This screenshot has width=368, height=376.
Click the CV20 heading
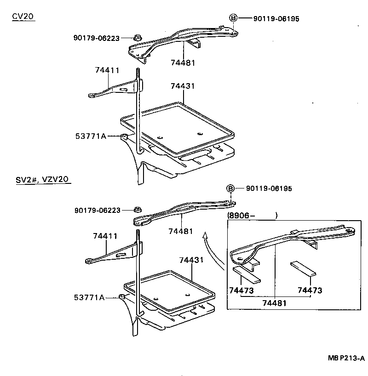click(x=23, y=17)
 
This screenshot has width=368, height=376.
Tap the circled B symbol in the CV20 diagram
click(x=233, y=18)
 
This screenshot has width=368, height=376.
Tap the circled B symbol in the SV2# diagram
click(x=230, y=188)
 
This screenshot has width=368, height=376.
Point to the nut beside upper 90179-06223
click(x=137, y=38)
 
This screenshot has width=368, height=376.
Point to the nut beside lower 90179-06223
click(x=138, y=211)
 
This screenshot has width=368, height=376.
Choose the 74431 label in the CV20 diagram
click(x=183, y=86)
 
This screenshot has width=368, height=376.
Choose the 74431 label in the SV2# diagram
click(x=191, y=260)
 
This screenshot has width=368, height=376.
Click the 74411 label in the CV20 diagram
click(x=107, y=70)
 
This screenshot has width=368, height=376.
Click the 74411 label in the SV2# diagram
click(x=105, y=236)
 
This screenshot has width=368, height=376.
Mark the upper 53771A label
click(x=91, y=136)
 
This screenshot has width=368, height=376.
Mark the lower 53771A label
click(x=89, y=298)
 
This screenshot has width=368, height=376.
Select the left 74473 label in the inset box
click(x=241, y=291)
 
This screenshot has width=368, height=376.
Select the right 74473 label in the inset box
click(x=310, y=291)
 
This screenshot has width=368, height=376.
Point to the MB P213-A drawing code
click(x=346, y=359)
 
